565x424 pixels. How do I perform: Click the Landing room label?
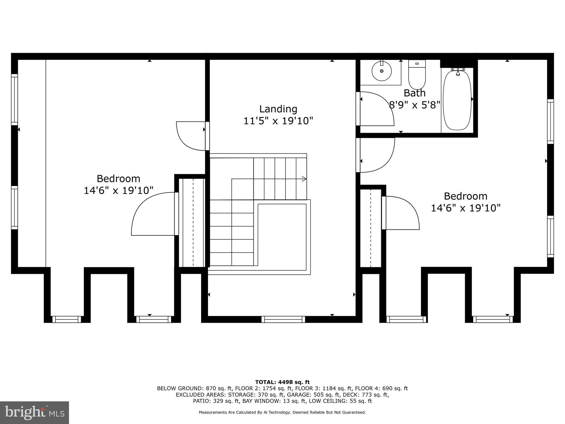pyautogui.click(x=278, y=109)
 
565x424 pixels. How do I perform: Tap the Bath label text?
pyautogui.click(x=414, y=93)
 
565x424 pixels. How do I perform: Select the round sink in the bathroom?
pyautogui.click(x=382, y=71)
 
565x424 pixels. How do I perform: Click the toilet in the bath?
pyautogui.click(x=417, y=75)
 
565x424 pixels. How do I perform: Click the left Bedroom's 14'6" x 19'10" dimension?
pyautogui.click(x=118, y=190)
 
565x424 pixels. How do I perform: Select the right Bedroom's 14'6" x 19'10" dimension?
pyautogui.click(x=465, y=208)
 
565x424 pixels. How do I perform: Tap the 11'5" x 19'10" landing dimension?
pyautogui.click(x=278, y=121)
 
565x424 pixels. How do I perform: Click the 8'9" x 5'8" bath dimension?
pyautogui.click(x=414, y=105)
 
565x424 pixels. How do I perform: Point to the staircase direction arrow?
pyautogui.click(x=304, y=179)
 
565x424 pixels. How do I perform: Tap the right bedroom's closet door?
pyautogui.click(x=401, y=213)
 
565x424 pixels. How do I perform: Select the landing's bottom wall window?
pyautogui.click(x=283, y=319)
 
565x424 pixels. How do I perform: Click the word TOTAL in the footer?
pyautogui.click(x=265, y=382)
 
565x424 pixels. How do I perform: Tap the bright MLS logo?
pyautogui.click(x=34, y=412)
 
